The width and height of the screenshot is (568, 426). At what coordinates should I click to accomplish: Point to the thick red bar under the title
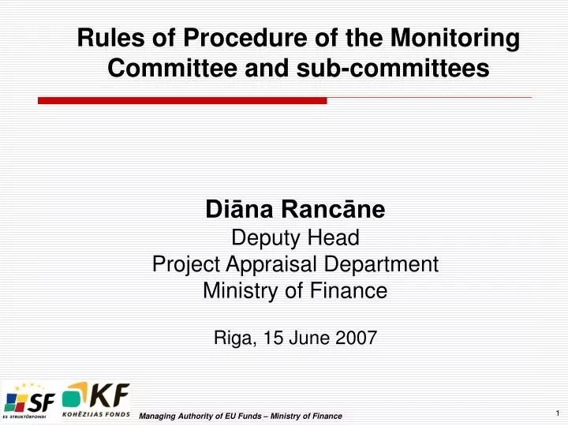[x=182, y=100]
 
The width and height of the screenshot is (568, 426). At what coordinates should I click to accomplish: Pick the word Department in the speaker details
[x=387, y=264]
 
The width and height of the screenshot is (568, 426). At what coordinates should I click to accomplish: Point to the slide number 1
[x=556, y=413]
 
